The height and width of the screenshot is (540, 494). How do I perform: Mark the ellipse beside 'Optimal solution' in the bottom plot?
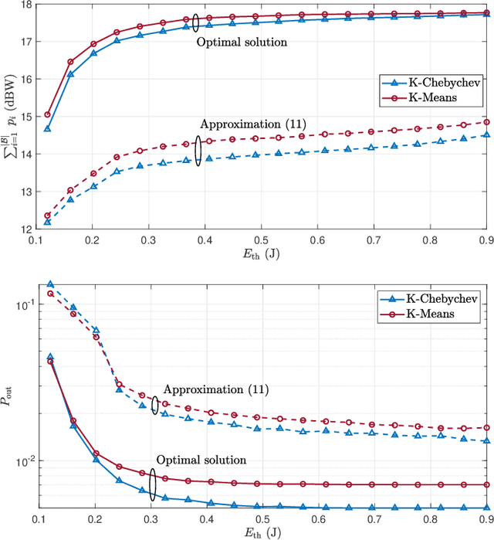click(154, 485)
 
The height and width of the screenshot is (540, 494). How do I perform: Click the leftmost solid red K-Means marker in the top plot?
click(47, 114)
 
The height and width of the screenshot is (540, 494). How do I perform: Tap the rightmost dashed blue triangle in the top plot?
click(486, 134)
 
